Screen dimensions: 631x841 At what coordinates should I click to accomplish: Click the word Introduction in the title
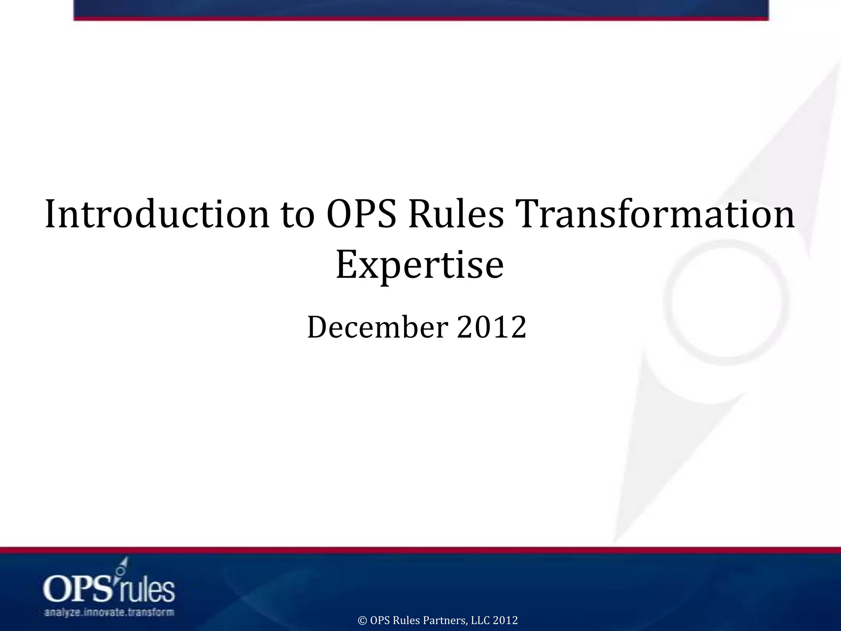tap(156, 215)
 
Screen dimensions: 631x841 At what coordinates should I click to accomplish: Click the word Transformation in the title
tap(653, 215)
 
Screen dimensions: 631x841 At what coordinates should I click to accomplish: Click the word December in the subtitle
tap(377, 327)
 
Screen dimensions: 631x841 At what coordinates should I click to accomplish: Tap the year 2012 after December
tap(492, 327)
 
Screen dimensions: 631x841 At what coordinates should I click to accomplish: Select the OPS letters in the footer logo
tap(78, 590)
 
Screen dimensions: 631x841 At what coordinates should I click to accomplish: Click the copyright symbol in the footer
tap(363, 620)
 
